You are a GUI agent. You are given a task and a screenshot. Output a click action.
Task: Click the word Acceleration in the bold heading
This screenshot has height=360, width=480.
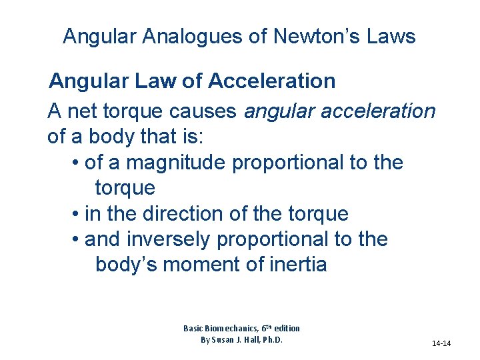pos(271,81)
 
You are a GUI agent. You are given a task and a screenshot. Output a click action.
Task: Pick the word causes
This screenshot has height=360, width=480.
pos(208,111)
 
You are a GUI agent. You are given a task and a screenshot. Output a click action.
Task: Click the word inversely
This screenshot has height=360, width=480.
pos(161,239)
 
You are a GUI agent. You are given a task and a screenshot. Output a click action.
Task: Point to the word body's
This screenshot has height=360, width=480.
pos(126,265)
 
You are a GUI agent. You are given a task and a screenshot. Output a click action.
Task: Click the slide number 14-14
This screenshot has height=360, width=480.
pos(441,343)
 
